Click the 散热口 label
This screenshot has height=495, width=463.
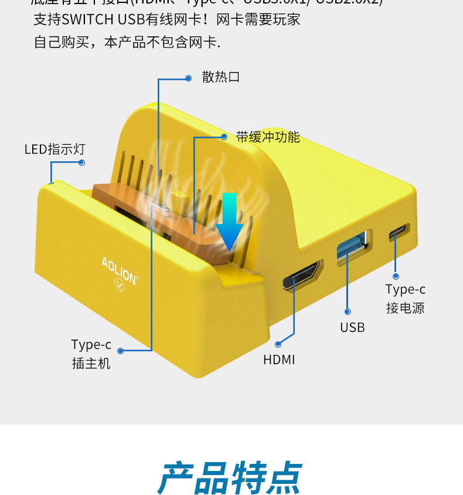(x=221, y=77)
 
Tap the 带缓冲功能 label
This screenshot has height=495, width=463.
(x=268, y=137)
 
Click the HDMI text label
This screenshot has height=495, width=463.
(x=279, y=360)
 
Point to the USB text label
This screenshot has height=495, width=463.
(x=352, y=327)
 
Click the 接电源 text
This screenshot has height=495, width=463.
(x=405, y=308)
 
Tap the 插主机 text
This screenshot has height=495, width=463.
(x=91, y=363)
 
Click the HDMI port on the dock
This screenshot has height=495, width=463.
(x=302, y=276)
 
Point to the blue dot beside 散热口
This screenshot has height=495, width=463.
(x=188, y=78)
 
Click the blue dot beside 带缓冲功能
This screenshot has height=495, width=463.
(x=224, y=137)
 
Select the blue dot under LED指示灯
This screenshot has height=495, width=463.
(x=81, y=162)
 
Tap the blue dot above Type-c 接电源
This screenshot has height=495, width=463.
(x=396, y=276)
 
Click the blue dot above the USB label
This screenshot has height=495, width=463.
(x=348, y=312)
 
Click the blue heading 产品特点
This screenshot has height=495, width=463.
(x=230, y=478)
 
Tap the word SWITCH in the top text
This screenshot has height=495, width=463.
(x=87, y=19)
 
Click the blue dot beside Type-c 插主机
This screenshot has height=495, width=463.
(x=120, y=351)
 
